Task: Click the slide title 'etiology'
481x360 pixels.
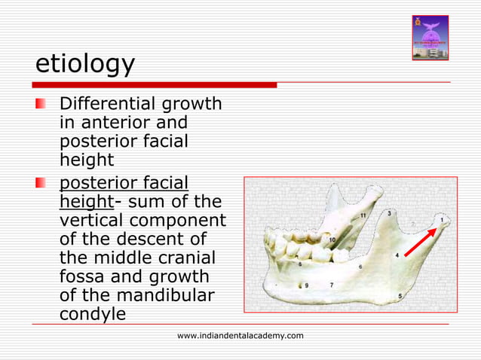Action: pos(85,66)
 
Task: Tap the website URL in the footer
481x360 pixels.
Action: pos(240,335)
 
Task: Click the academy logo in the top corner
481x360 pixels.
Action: pos(430,38)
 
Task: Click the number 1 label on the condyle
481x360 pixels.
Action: pos(443,221)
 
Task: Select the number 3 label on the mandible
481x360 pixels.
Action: pos(388,214)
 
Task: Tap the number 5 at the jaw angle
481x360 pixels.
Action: pos(400,296)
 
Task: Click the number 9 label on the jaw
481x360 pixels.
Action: pos(307,285)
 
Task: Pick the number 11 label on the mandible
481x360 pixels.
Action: pos(363,216)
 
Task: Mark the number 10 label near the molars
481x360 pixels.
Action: pos(332,240)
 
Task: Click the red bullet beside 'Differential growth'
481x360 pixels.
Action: pos(49,102)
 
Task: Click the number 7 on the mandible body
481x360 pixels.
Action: pos(332,285)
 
